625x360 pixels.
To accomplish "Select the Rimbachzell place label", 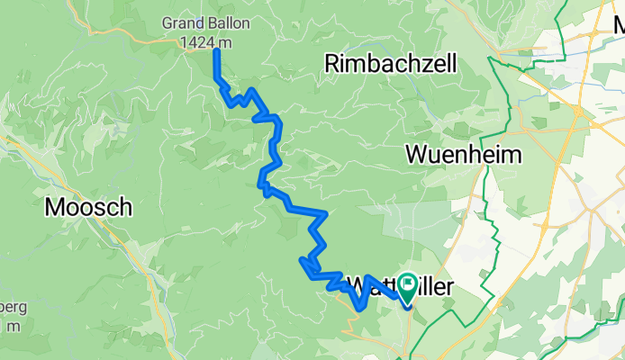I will pyautogui.click(x=391, y=63).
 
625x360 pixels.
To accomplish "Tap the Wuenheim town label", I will pyautogui.click(x=463, y=154).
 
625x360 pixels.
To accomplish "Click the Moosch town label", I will pyautogui.click(x=88, y=208).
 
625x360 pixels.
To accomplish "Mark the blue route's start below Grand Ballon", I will pyautogui.click(x=216, y=51).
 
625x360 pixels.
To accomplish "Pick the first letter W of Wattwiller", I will pyautogui.click(x=357, y=285).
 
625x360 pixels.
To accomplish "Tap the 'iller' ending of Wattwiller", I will pyautogui.click(x=436, y=285).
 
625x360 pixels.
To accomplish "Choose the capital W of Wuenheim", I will pyautogui.click(x=417, y=154).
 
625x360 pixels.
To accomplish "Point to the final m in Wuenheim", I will pyautogui.click(x=512, y=154).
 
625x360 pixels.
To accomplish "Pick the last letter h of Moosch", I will pyautogui.click(x=126, y=208).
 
